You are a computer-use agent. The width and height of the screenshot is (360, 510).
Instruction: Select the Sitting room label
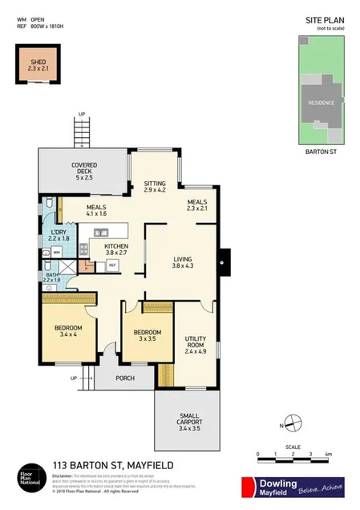tap(155, 188)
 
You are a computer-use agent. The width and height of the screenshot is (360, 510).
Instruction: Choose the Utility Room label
tap(196, 345)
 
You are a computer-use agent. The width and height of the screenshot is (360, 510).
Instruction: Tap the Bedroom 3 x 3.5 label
tap(148, 336)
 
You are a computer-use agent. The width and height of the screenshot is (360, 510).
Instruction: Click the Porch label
tap(125, 378)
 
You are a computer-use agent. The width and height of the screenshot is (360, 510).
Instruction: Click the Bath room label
tap(53, 277)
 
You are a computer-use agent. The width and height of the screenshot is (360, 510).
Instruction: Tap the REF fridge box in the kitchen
tap(113, 265)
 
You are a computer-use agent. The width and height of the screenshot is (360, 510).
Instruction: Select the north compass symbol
tap(293, 426)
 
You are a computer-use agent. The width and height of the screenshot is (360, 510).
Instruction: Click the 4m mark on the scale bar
tap(329, 454)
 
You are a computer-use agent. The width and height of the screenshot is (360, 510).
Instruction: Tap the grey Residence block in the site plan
tap(322, 103)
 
